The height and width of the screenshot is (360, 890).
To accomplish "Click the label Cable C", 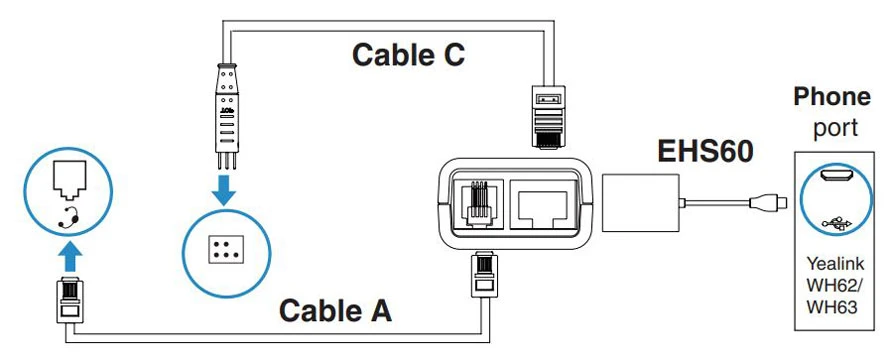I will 408,55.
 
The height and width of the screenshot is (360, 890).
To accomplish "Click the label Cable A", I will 335,311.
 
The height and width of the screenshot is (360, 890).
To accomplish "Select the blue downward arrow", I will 226,190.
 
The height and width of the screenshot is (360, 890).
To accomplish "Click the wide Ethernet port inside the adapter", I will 544,206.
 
